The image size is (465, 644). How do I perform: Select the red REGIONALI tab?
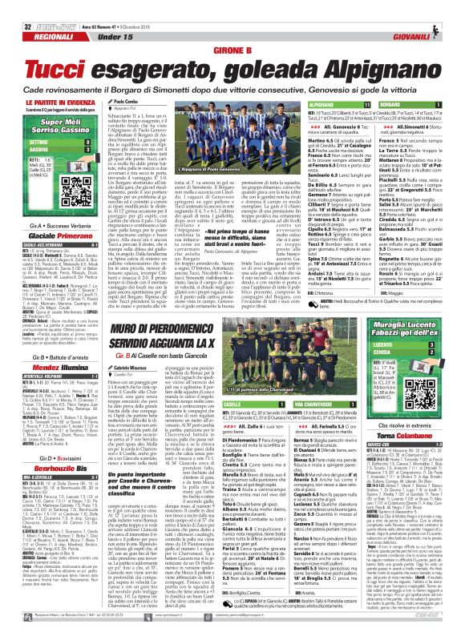pyautogui.click(x=34, y=16)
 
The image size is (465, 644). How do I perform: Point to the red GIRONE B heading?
pyautogui.click(x=232, y=29)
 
